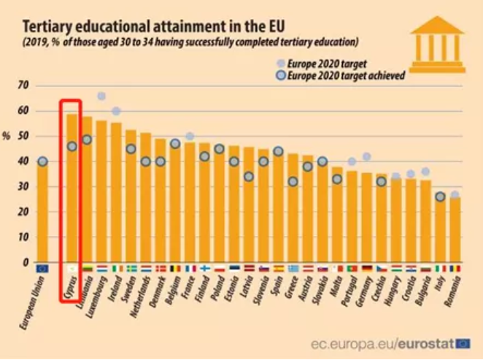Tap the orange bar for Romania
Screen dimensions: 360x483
(x=455, y=229)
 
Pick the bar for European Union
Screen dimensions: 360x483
(x=42, y=212)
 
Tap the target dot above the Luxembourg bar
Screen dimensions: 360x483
(x=101, y=96)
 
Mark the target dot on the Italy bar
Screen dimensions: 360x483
(x=440, y=196)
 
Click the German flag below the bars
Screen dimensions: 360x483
(x=366, y=268)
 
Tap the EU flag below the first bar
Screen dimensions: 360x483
(x=42, y=268)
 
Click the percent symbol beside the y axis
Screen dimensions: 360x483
(x=7, y=137)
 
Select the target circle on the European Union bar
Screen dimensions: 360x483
(x=42, y=161)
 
